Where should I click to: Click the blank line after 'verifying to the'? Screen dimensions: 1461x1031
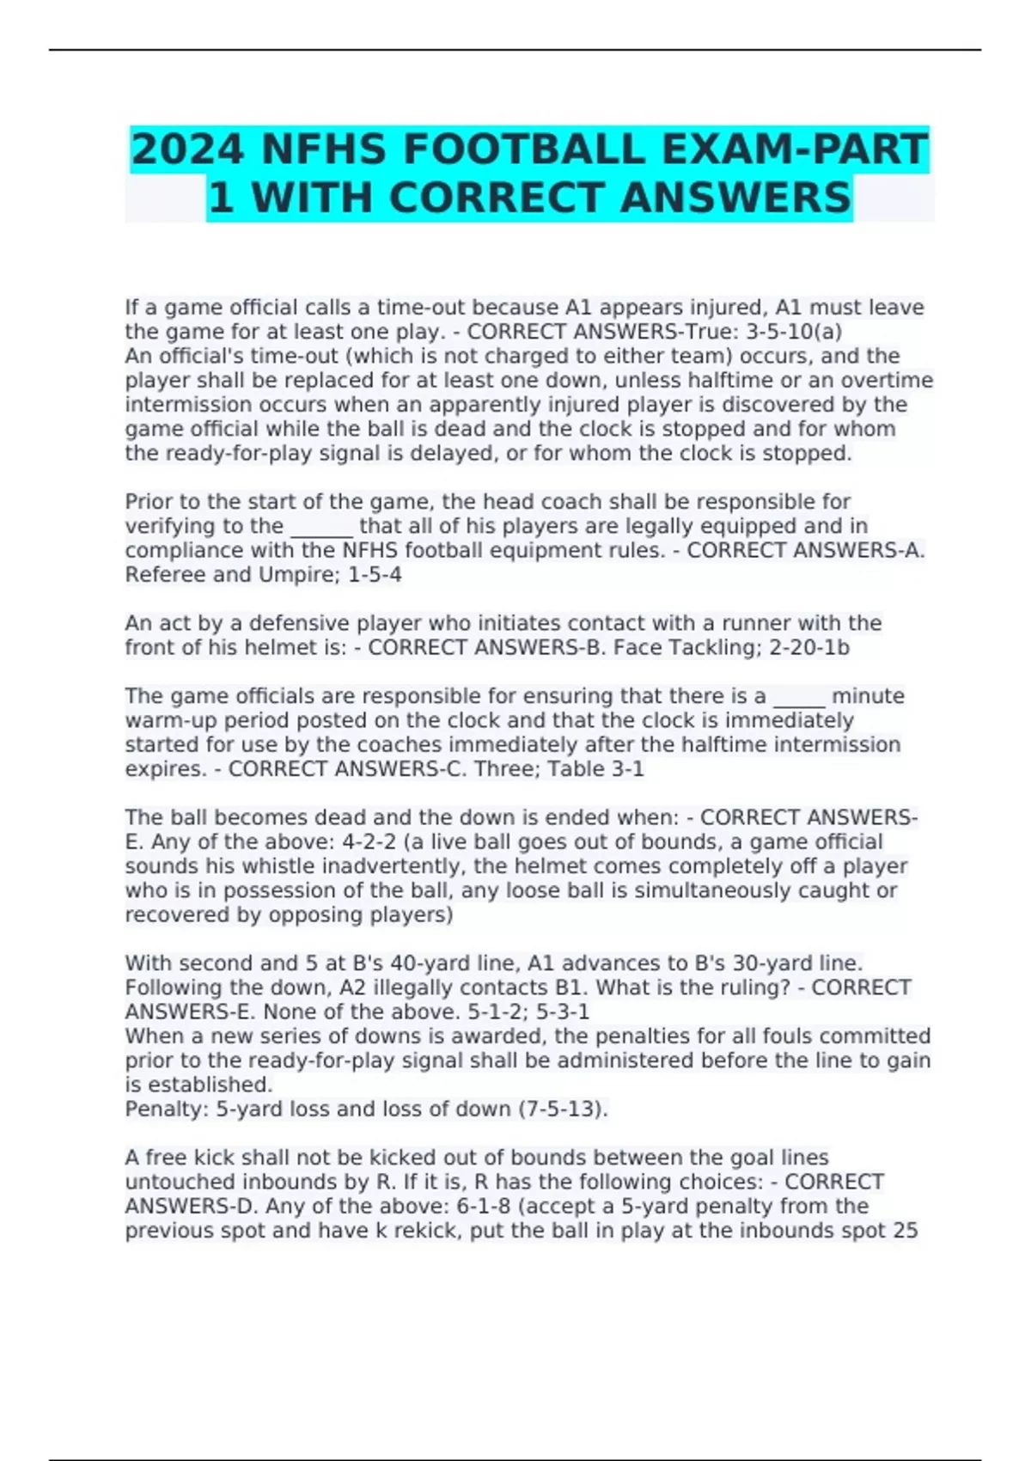tap(322, 526)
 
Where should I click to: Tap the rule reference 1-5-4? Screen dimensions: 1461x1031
tap(375, 575)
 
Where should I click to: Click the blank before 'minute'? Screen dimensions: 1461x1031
tap(799, 696)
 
